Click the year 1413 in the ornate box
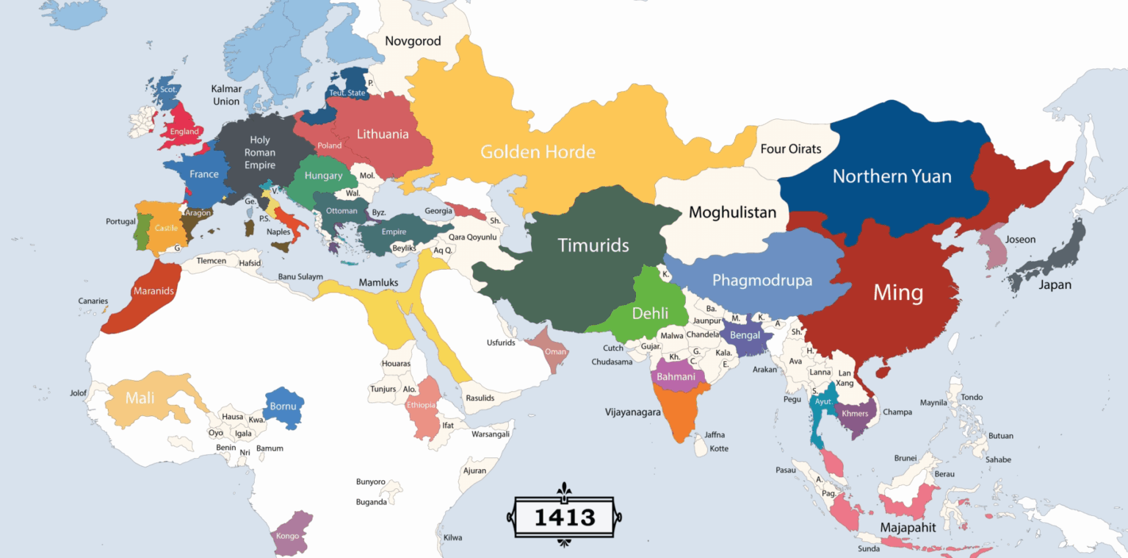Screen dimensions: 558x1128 [564, 517]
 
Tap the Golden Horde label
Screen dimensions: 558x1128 [538, 152]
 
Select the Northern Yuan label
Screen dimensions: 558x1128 [892, 176]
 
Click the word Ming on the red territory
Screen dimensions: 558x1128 [897, 293]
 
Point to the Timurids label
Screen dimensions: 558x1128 [593, 245]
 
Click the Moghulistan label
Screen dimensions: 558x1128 [732, 213]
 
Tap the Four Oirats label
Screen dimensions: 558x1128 [790, 149]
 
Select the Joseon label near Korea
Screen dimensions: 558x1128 [1020, 240]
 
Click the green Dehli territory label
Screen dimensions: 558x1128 [650, 313]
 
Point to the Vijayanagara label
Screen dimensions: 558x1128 [632, 412]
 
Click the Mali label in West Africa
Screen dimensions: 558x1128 [140, 398]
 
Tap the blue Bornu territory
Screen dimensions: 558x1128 [283, 407]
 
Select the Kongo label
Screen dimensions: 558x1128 [287, 536]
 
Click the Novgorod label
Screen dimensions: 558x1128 [413, 41]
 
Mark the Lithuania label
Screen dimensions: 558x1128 [383, 135]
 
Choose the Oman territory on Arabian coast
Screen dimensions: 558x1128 [555, 351]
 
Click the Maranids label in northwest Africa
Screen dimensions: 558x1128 [153, 291]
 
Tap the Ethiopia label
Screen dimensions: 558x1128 [422, 405]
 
